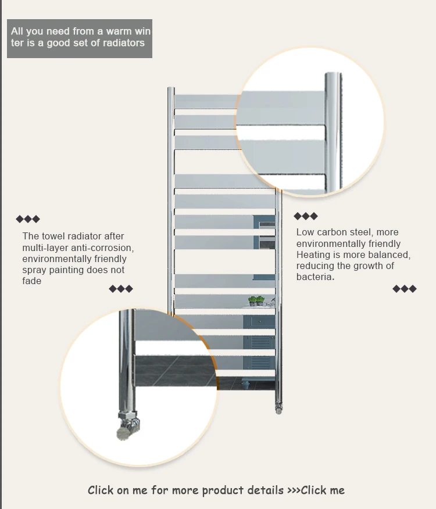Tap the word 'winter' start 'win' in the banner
142,31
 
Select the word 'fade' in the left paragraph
32,281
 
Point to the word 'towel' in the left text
53,236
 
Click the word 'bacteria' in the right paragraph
315,277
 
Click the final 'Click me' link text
323,490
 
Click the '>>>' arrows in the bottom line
293,490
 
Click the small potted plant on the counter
256,301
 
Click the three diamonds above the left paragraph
28,219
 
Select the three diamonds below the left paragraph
121,289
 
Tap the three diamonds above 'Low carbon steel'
306,216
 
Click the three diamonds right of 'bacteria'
405,289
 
